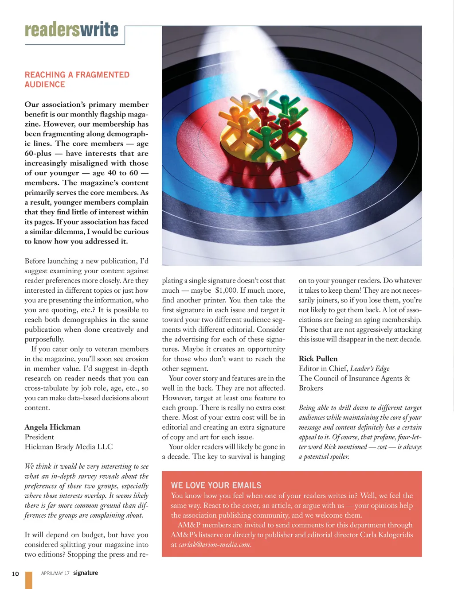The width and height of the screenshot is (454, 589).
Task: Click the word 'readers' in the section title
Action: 52,30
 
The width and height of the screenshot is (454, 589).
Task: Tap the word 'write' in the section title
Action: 99,30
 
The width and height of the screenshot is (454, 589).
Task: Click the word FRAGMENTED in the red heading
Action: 102,75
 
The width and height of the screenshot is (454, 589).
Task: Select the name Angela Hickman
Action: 52,427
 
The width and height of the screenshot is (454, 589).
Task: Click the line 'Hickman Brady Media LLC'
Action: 69,446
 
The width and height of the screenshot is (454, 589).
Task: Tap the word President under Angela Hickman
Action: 39,437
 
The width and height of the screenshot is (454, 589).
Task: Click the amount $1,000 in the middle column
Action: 226,290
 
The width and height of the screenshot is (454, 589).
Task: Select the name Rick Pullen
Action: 318,359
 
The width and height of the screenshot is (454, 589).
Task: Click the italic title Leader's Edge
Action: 370,368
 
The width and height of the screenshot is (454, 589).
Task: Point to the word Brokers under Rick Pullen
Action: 311,388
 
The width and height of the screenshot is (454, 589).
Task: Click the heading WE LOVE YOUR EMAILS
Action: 216,485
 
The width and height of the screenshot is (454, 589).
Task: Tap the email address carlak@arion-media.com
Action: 214,544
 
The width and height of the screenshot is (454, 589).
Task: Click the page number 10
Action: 15,573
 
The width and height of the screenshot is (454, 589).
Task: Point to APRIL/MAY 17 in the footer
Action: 55,573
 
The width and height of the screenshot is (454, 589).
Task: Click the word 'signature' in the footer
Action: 86,573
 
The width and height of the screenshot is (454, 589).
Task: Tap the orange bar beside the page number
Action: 29,580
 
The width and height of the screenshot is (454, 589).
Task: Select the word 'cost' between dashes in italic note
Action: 382,447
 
